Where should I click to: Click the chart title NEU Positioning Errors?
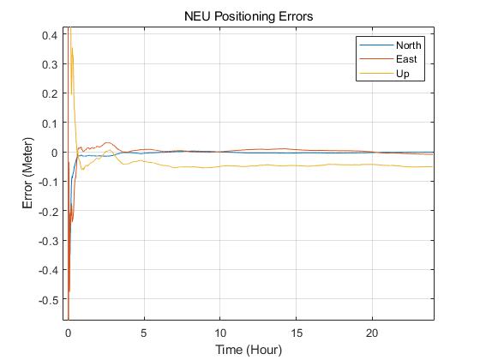pyautogui.click(x=248, y=16)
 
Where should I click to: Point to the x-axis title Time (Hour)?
pyautogui.click(x=248, y=350)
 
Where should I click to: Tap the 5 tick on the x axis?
pyautogui.click(x=144, y=333)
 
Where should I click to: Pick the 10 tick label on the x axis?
pyautogui.click(x=220, y=333)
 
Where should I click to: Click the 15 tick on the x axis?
pyautogui.click(x=297, y=333)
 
